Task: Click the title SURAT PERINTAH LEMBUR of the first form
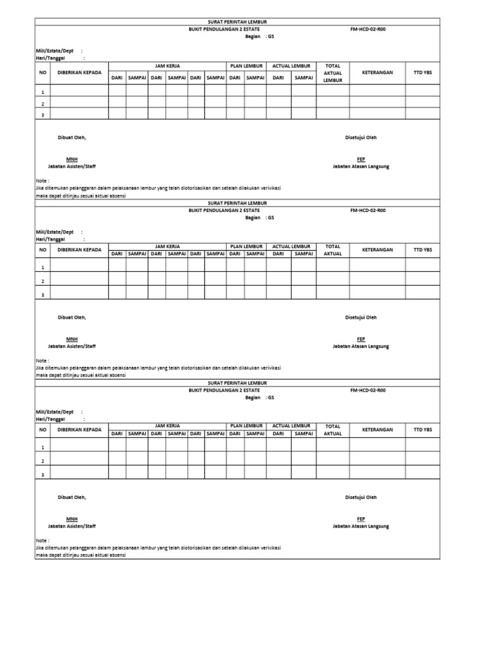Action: [237, 22]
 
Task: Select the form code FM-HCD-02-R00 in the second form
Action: [367, 210]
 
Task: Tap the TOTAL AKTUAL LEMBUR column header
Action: [332, 73]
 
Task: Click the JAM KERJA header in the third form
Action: [167, 426]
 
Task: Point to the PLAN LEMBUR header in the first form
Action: [246, 65]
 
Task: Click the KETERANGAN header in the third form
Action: [377, 430]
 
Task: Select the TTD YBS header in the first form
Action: [422, 72]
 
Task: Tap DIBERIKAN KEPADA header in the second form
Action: [79, 249]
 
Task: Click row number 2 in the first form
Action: [42, 103]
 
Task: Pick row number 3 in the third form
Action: [42, 474]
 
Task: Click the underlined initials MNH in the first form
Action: [72, 159]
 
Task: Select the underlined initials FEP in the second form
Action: [361, 339]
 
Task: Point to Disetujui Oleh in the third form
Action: [361, 497]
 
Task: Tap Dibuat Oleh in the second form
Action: [72, 317]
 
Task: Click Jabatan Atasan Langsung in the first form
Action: [361, 166]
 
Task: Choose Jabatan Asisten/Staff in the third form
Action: [72, 526]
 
